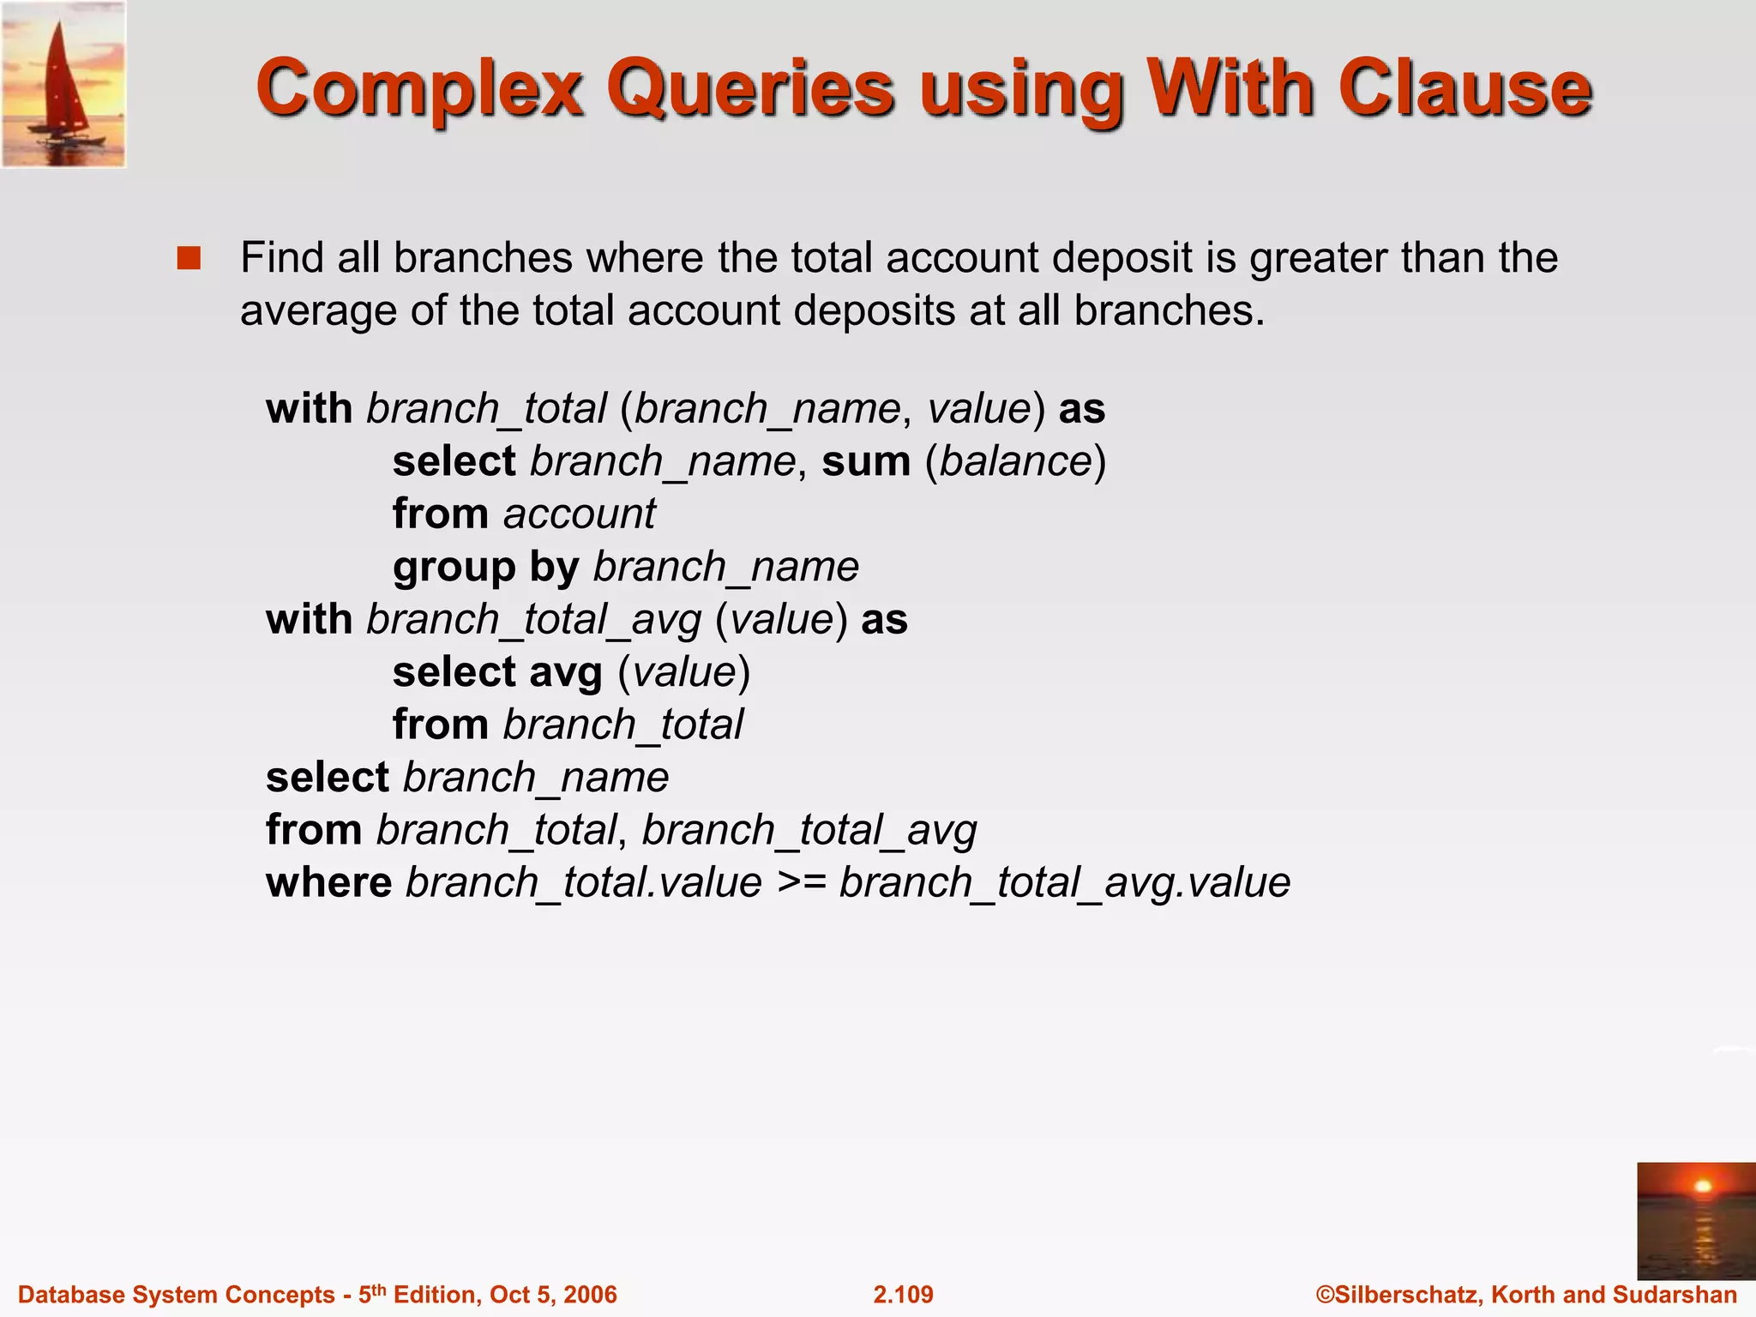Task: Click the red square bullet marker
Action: pos(189,258)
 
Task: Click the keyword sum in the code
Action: pos(865,461)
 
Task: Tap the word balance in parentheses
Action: pos(1015,461)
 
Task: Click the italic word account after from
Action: pos(579,514)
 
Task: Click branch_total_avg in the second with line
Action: pos(534,620)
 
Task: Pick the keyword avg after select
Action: pos(566,673)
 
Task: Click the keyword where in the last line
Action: pos(328,883)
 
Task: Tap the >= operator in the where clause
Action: pos(801,883)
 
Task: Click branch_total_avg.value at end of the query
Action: pos(1064,883)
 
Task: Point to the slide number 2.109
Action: pos(903,1294)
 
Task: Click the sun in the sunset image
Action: pos(1703,1187)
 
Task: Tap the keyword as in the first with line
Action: pos(1081,409)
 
